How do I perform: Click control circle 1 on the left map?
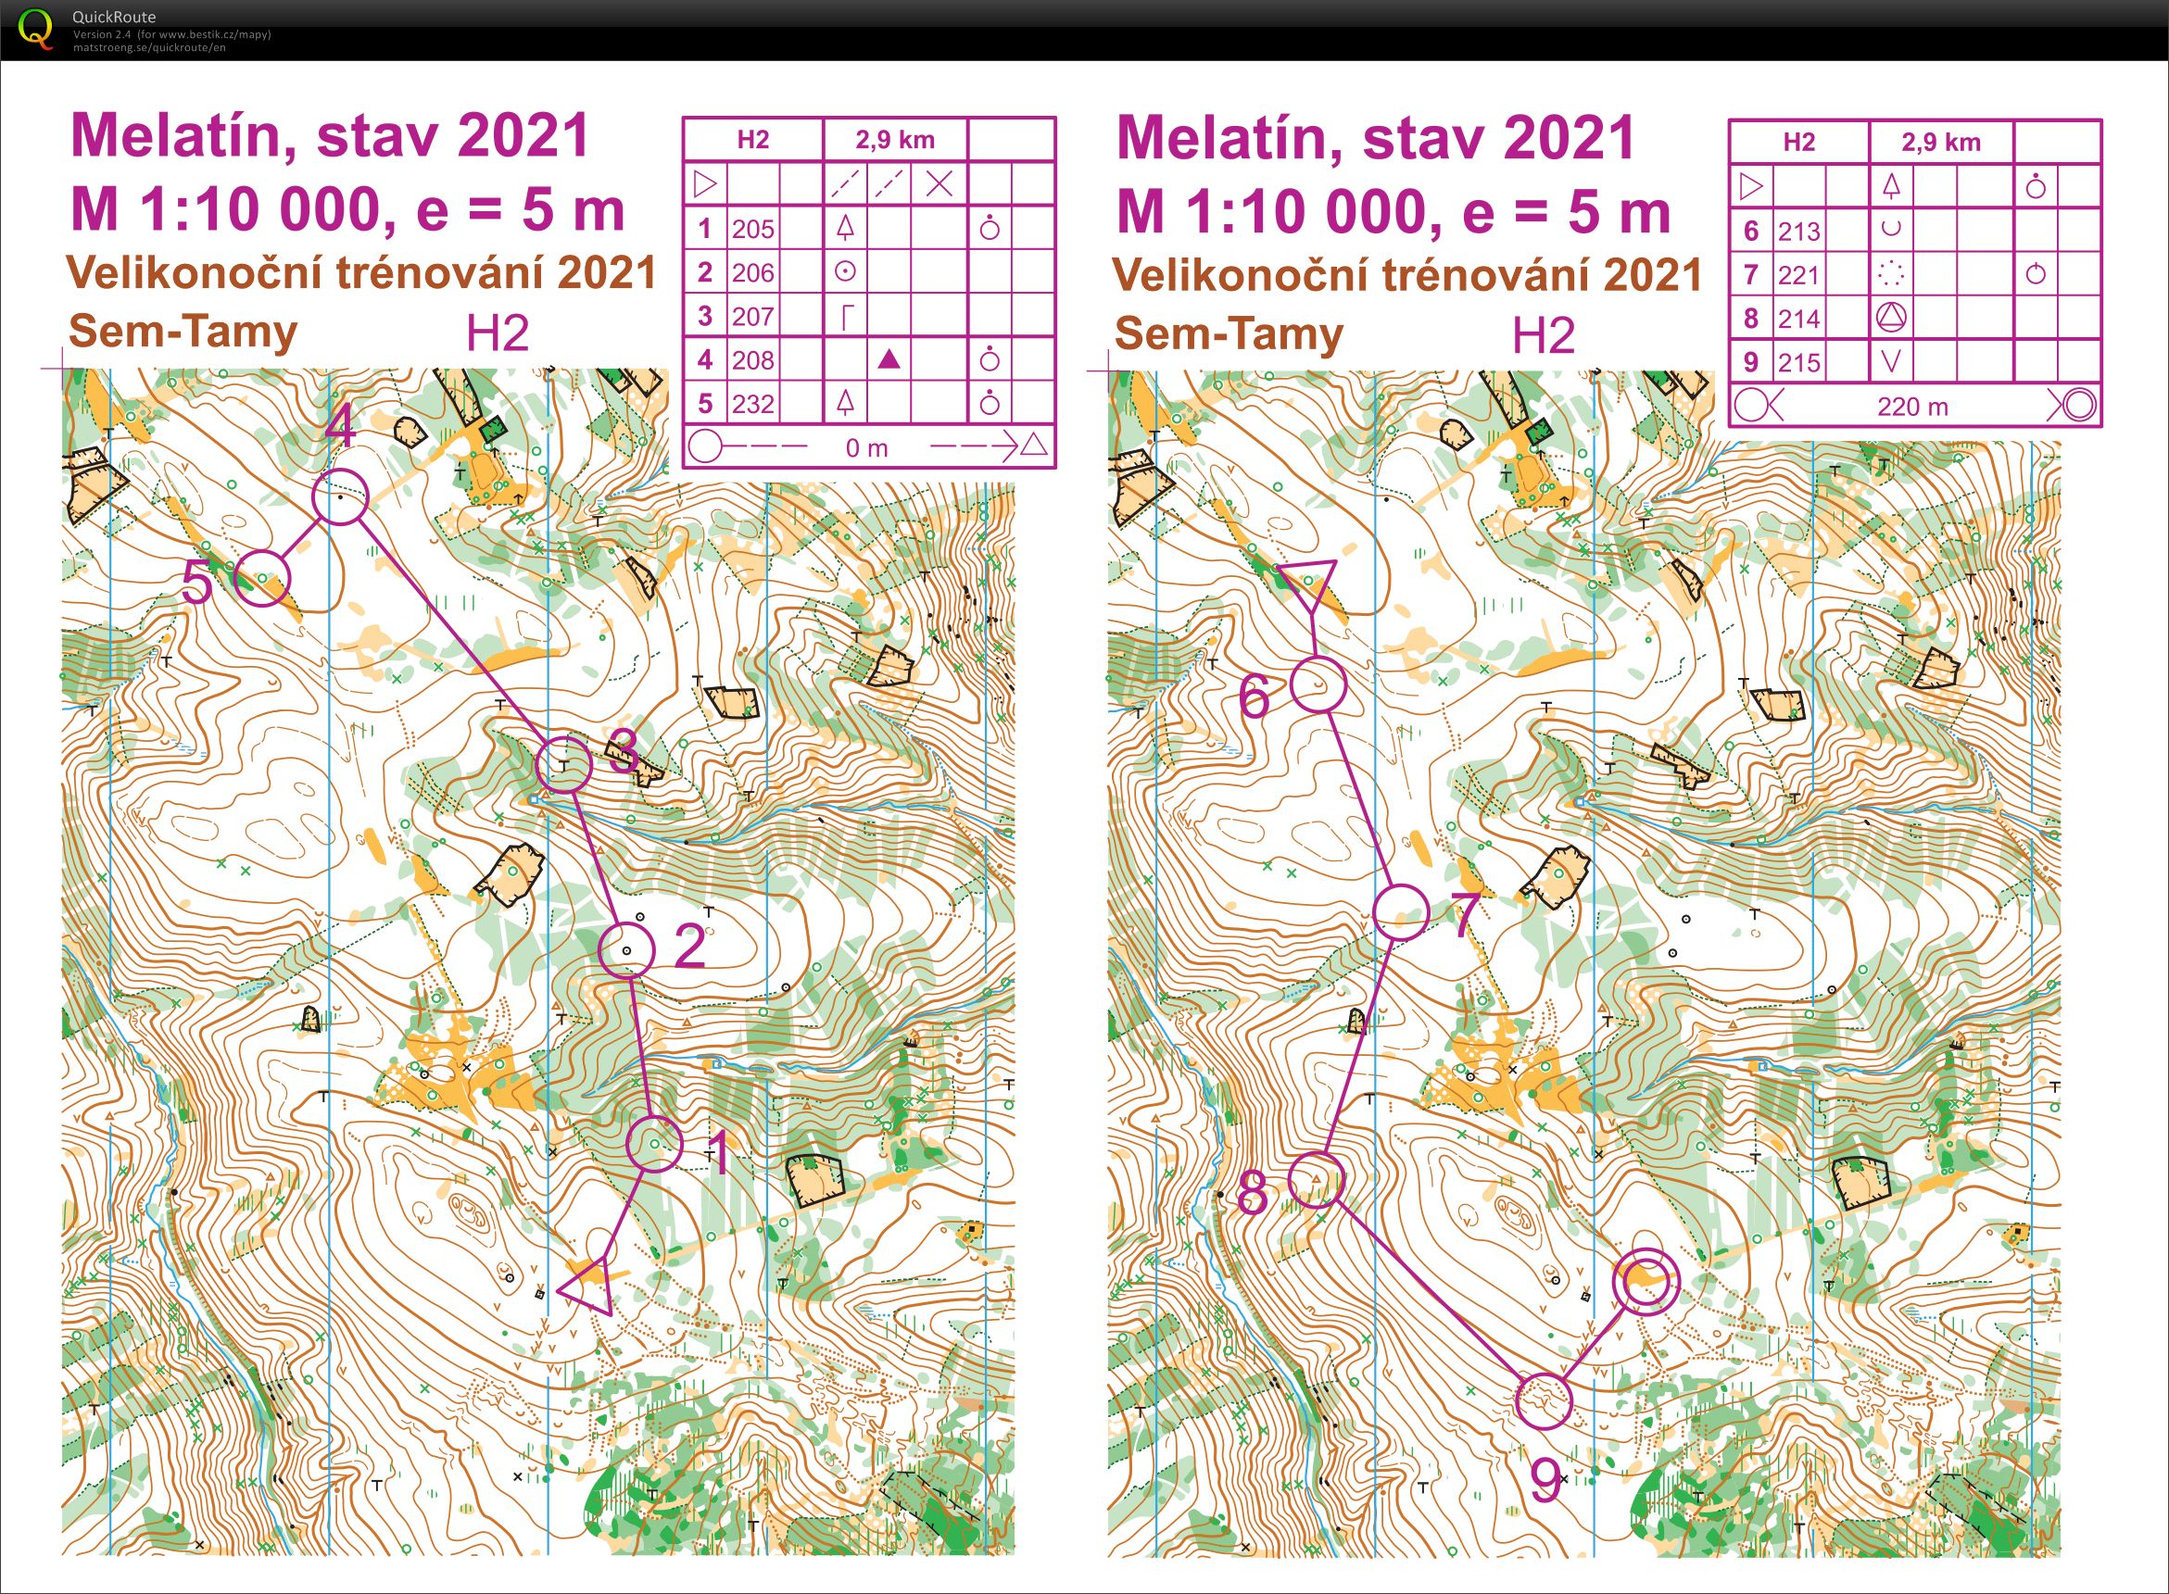click(654, 1143)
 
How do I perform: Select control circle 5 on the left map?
click(262, 578)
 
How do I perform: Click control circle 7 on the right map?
click(1401, 911)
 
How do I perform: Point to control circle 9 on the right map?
click(1544, 1401)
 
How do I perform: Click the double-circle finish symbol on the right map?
click(1646, 1281)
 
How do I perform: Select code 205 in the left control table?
click(753, 229)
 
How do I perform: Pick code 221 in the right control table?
click(1798, 276)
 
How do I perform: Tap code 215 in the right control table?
click(1798, 363)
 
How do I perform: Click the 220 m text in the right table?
click(1912, 407)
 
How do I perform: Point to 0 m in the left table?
click(866, 447)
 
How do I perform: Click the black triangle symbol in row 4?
click(890, 360)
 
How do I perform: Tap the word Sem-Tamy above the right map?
click(1228, 334)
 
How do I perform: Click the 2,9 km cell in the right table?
click(1940, 143)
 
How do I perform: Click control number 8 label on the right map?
click(1252, 1195)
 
